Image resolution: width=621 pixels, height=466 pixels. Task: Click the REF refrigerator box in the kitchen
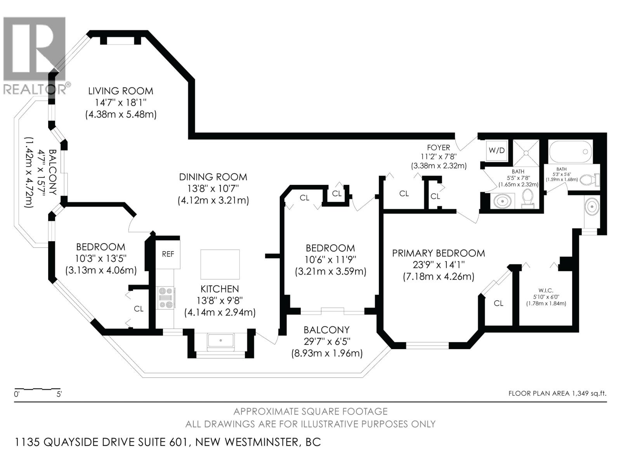coord(168,254)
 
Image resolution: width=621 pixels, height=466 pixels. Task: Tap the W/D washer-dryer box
coord(497,150)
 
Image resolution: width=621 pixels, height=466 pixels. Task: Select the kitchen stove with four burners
coord(165,297)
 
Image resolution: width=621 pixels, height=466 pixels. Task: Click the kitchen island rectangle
coord(220,264)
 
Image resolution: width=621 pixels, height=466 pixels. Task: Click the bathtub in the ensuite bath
coord(571,152)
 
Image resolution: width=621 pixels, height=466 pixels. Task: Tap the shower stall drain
coord(526,153)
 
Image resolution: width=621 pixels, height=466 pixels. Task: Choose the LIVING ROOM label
coord(121,91)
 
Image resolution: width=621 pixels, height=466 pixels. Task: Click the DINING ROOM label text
coord(213,177)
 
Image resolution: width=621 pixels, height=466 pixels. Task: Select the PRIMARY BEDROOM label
coord(439,253)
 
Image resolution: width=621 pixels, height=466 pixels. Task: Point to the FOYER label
coord(439,147)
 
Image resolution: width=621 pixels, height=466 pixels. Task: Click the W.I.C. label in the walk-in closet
coord(546,290)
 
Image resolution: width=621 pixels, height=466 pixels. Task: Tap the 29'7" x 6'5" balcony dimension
coord(327,341)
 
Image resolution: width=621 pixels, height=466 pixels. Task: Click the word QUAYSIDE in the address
coord(72,442)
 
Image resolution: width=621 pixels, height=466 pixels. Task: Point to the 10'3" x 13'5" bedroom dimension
coord(101,258)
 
